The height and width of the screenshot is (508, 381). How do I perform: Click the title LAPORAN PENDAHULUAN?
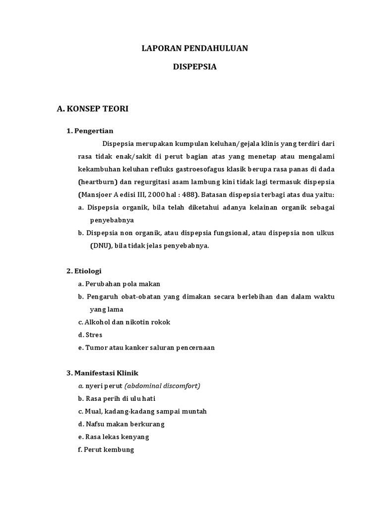pyautogui.click(x=194, y=48)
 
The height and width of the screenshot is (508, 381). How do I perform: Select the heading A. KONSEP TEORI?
pyautogui.click(x=93, y=109)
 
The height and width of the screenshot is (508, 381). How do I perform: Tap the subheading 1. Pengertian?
pyautogui.click(x=90, y=131)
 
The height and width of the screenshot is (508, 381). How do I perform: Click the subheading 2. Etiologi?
pyautogui.click(x=84, y=271)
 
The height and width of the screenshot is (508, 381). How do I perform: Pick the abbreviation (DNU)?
pyautogui.click(x=101, y=246)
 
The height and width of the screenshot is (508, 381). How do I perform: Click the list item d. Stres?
pyautogui.click(x=90, y=335)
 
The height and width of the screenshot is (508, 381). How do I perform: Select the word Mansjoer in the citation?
pyautogui.click(x=100, y=194)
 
